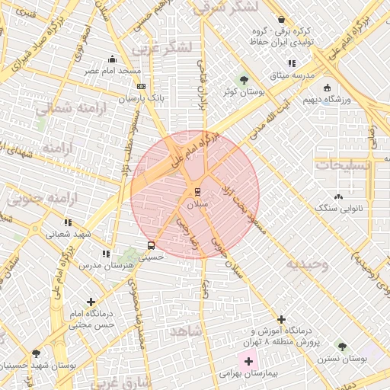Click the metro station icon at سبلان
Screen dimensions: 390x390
(x=197, y=190)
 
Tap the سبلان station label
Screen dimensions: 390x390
(x=197, y=204)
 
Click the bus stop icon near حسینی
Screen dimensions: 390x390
(x=151, y=245)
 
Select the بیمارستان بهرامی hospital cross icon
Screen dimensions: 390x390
(x=249, y=359)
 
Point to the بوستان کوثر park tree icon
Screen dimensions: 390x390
(x=244, y=79)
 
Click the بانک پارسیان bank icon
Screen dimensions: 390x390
(x=141, y=87)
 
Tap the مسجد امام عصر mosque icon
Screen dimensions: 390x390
(x=113, y=59)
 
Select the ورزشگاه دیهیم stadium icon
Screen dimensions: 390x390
(x=327, y=87)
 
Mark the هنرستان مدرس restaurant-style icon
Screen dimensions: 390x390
(x=106, y=253)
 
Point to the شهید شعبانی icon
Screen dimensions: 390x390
(x=69, y=223)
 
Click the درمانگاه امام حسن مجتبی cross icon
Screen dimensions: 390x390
(x=92, y=302)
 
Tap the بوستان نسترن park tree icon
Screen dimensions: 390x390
(x=342, y=346)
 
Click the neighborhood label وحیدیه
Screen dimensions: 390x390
(x=307, y=264)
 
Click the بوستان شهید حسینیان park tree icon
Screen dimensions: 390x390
(x=36, y=353)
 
